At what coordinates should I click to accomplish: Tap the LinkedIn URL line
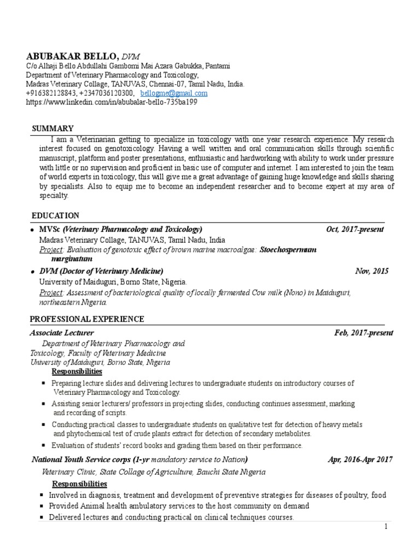pyautogui.click(x=112, y=102)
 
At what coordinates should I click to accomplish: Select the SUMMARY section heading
pyautogui.click(x=52, y=129)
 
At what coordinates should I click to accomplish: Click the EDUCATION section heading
pyautogui.click(x=55, y=215)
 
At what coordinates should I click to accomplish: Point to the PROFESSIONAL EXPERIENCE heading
pyautogui.click(x=87, y=319)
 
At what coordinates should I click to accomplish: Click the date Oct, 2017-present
pyautogui.click(x=355, y=229)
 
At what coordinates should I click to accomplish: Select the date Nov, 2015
pyautogui.click(x=372, y=271)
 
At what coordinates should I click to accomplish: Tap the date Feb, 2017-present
pyautogui.click(x=363, y=333)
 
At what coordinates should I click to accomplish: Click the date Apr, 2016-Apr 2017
pyautogui.click(x=360, y=459)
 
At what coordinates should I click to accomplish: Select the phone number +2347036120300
pyautogui.click(x=105, y=94)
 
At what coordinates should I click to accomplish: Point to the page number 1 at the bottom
pyautogui.click(x=386, y=527)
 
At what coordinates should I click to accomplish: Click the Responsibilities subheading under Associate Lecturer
pyautogui.click(x=77, y=372)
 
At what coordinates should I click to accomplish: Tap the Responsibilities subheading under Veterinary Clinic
pyautogui.click(x=79, y=485)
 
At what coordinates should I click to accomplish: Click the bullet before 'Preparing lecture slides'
pyautogui.click(x=43, y=383)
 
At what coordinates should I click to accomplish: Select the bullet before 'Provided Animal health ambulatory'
pyautogui.click(x=42, y=506)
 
